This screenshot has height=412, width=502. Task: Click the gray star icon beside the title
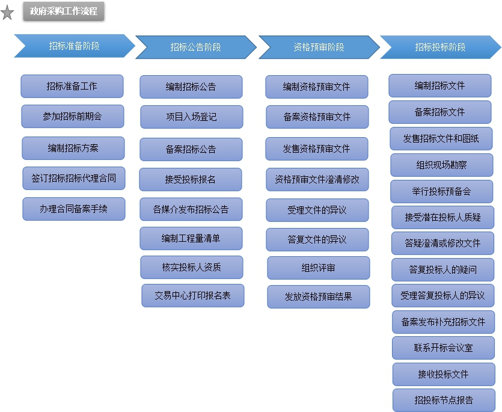click(x=7, y=13)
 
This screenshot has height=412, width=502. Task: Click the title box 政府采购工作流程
click(x=64, y=11)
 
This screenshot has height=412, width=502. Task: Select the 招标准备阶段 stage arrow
click(x=74, y=46)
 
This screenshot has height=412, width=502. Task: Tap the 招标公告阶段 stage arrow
click(x=195, y=47)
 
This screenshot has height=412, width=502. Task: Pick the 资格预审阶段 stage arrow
click(x=319, y=47)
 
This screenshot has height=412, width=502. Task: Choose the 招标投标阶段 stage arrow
click(x=440, y=47)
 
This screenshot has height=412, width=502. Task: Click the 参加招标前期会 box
click(x=72, y=117)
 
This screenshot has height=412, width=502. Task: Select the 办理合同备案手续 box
click(x=74, y=209)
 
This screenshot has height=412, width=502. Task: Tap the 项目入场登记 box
click(x=192, y=117)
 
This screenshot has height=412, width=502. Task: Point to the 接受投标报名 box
click(x=191, y=180)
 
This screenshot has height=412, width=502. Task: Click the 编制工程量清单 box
click(x=191, y=239)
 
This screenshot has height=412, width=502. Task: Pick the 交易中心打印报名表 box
click(x=193, y=296)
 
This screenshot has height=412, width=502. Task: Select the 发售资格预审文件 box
click(x=317, y=149)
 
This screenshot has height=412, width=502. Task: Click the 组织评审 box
click(x=319, y=268)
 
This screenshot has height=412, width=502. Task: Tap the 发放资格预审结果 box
click(x=319, y=297)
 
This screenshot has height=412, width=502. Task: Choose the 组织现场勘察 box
click(x=441, y=165)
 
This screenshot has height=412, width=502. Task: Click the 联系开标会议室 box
click(x=443, y=348)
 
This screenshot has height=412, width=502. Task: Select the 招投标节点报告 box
click(x=444, y=400)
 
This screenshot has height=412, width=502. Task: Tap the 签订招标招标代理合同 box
click(x=73, y=179)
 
